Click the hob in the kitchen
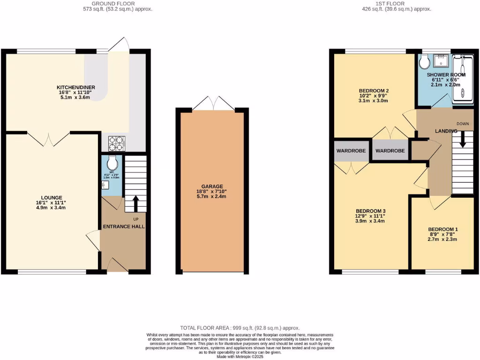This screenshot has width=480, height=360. click(x=116, y=143)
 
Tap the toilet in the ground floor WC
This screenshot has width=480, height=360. click(x=112, y=163)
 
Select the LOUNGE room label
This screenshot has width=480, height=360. click(x=52, y=197)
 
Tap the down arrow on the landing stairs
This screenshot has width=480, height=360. click(x=463, y=140)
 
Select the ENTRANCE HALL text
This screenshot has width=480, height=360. click(x=124, y=226)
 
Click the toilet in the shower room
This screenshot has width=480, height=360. click(x=425, y=61)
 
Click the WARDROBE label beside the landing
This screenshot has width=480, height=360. click(x=390, y=151)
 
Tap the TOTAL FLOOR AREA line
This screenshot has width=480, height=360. click(x=240, y=328)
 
